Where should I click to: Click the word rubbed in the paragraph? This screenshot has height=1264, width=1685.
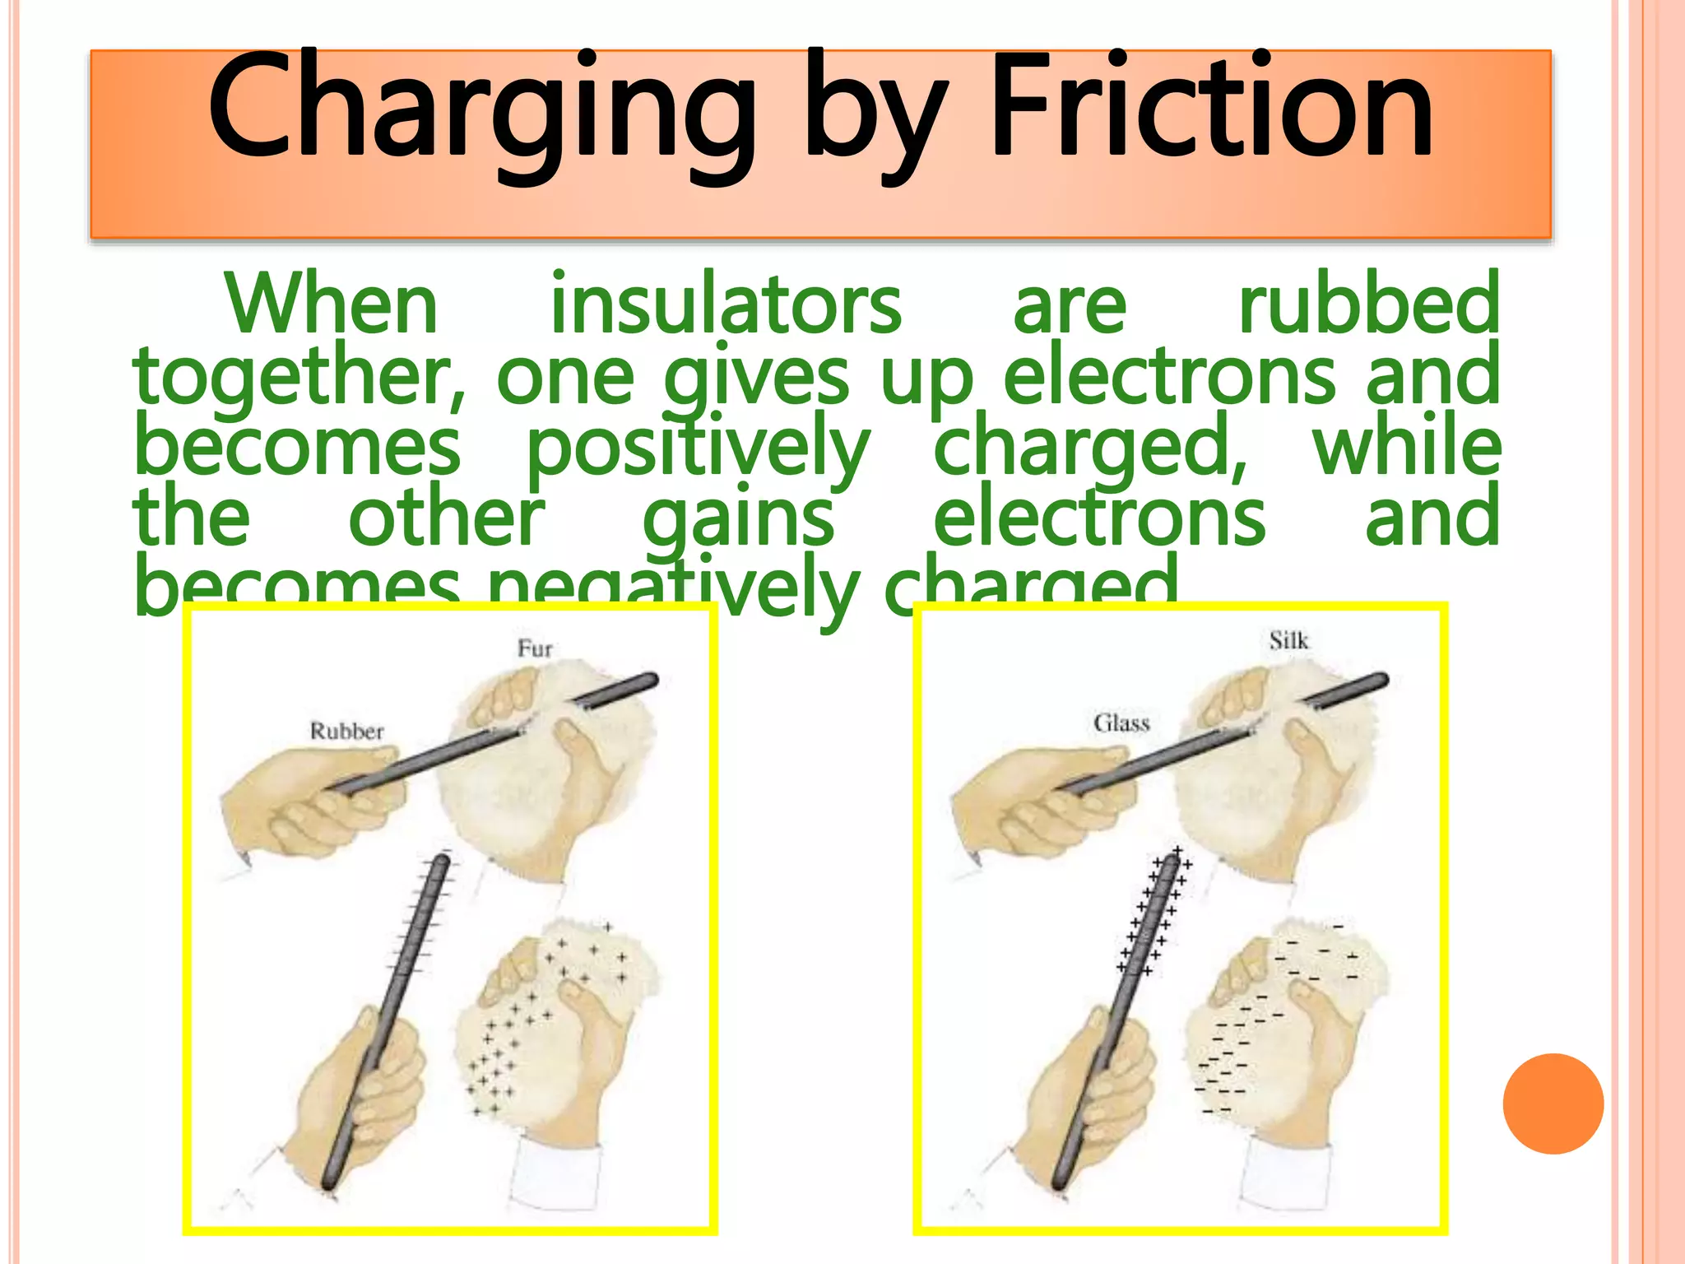pyautogui.click(x=1369, y=304)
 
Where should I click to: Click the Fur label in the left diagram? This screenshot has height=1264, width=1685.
pyautogui.click(x=535, y=648)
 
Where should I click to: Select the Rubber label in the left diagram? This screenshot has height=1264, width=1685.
pyautogui.click(x=346, y=731)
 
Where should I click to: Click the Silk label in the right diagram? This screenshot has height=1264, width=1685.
pyautogui.click(x=1288, y=640)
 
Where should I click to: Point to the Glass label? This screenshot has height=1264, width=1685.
pyautogui.click(x=1121, y=723)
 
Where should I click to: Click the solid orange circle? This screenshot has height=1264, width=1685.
pyautogui.click(x=1553, y=1104)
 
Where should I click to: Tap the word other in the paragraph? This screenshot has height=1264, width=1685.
pyautogui.click(x=447, y=518)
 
